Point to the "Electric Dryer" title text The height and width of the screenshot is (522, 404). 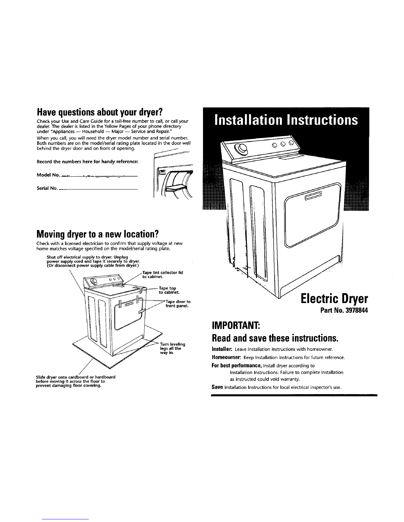coord(334,300)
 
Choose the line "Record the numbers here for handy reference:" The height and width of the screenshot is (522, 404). coord(87,161)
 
